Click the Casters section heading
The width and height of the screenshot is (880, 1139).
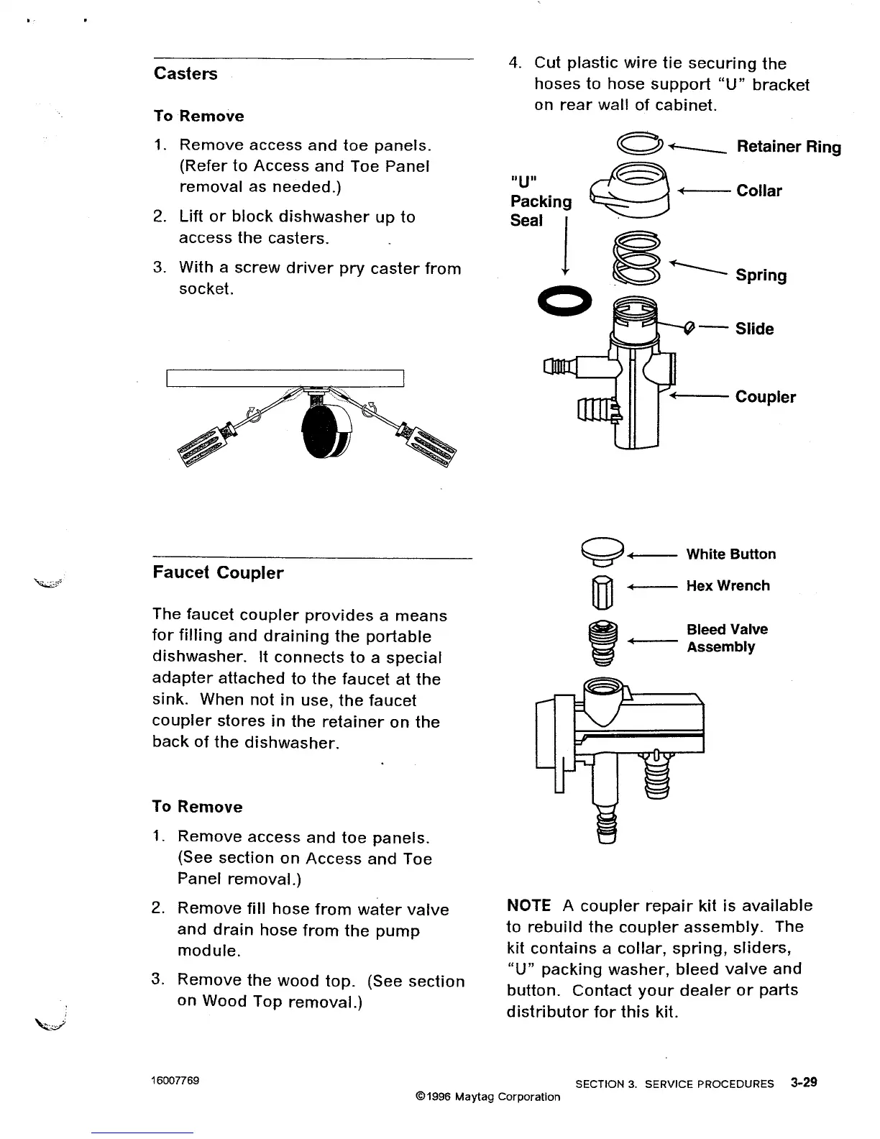pos(185,74)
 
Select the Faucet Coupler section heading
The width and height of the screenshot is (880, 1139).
pos(218,573)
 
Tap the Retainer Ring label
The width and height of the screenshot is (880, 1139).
pos(789,147)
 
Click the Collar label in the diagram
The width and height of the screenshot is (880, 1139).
pos(759,191)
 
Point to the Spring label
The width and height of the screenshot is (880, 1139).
pos(761,275)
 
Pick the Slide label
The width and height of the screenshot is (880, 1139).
pos(754,329)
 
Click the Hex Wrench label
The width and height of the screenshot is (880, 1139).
pos(728,586)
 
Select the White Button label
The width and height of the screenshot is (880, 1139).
pos(730,554)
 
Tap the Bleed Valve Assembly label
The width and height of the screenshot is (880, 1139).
pos(726,638)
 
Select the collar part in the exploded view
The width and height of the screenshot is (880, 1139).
pos(631,191)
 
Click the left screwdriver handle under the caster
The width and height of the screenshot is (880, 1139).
pos(203,446)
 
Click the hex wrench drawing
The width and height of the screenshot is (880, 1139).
pos(602,593)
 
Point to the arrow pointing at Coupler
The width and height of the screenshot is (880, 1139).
pos(699,396)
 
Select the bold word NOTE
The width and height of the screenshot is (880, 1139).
pos(528,906)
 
